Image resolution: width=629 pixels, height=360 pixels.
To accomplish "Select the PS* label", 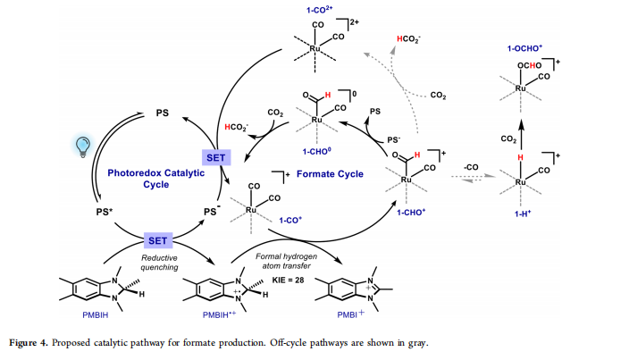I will coord(105,213).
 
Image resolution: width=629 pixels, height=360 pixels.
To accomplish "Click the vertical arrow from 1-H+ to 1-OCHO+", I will coord(524,121).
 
